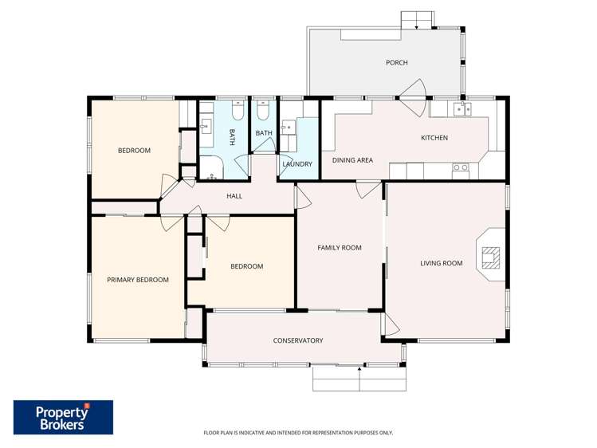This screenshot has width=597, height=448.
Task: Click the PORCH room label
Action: point(396,62)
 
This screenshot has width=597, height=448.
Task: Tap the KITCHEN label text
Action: point(434,138)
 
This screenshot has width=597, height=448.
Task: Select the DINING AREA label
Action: point(352,160)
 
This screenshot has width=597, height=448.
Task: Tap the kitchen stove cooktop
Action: point(461,167)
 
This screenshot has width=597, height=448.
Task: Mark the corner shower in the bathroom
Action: point(210,166)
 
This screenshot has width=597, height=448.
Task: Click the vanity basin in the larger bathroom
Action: point(206,125)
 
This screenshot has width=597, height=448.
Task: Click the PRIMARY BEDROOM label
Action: point(138,280)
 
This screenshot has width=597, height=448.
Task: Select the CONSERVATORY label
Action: point(298,340)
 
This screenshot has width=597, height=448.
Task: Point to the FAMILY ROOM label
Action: point(340,248)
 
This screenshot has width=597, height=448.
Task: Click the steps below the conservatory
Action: point(359,379)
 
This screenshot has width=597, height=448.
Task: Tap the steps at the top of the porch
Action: point(418,19)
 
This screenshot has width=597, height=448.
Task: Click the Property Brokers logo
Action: point(63,417)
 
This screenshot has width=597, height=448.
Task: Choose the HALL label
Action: point(234,195)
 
